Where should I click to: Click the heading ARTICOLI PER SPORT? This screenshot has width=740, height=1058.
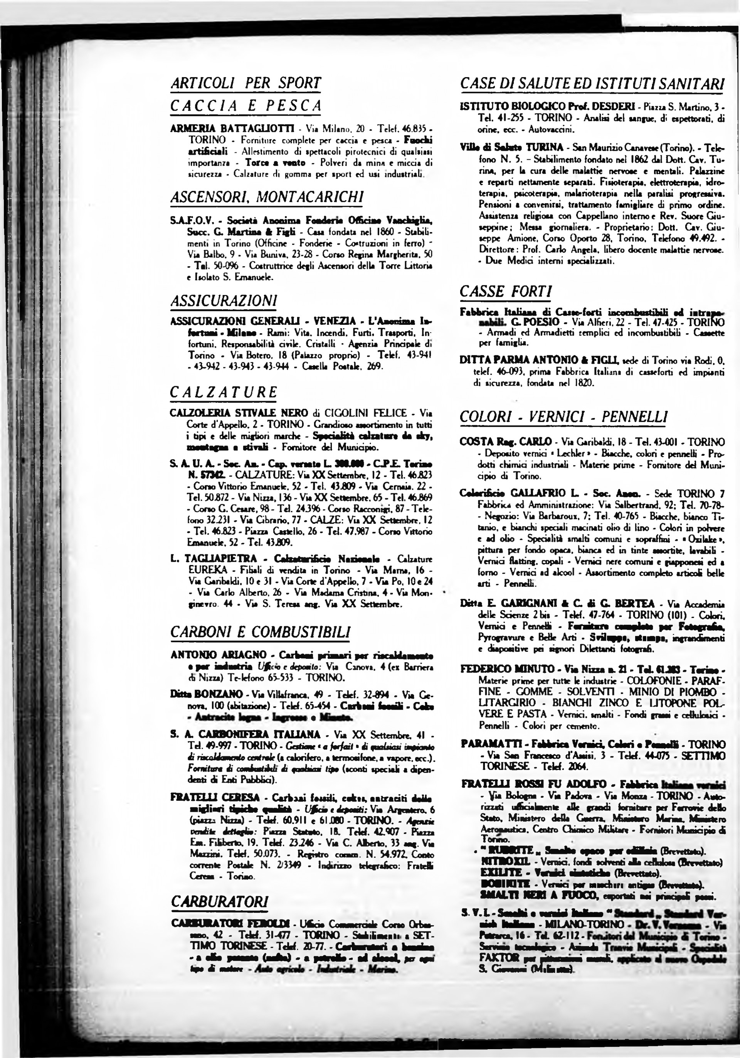246,83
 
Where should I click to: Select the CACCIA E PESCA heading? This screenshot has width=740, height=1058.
246,106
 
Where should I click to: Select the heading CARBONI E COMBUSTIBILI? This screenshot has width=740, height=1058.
260,631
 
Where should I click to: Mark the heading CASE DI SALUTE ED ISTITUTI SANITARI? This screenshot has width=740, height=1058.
592,84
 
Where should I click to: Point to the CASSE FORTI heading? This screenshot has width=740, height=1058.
506,291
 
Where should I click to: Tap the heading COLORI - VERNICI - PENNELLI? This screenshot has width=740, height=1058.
563,417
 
